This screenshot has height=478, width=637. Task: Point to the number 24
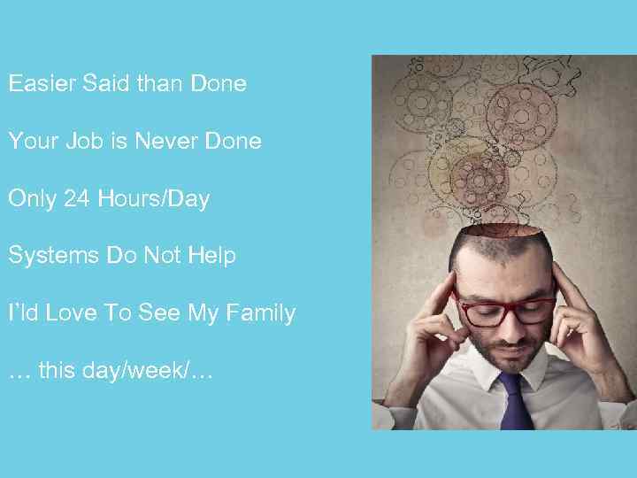pos(77,199)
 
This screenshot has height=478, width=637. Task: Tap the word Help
pos(212,257)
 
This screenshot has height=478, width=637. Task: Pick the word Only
pos(32,199)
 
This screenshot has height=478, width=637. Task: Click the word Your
pos(32,142)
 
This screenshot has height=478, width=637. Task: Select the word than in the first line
pos(162,84)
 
